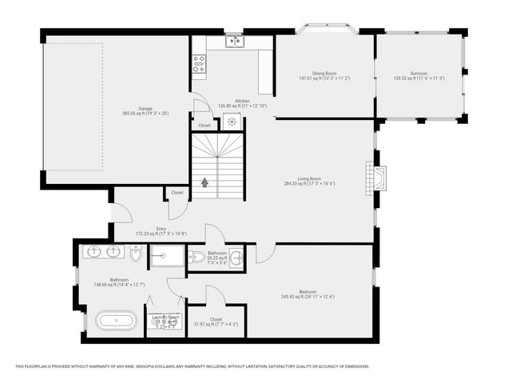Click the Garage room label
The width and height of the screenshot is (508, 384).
pos(145,109)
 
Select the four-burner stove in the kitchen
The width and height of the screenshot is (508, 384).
pos(199,64)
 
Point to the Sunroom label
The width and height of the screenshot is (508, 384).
pos(419,74)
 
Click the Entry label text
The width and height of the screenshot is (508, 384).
pos(161,229)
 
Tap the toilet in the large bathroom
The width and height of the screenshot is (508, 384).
pos(136,254)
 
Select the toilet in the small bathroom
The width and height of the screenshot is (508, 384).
pos(196,257)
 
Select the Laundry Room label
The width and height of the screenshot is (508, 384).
pos(165,317)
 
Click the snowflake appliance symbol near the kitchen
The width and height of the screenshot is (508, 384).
pos(232,122)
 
